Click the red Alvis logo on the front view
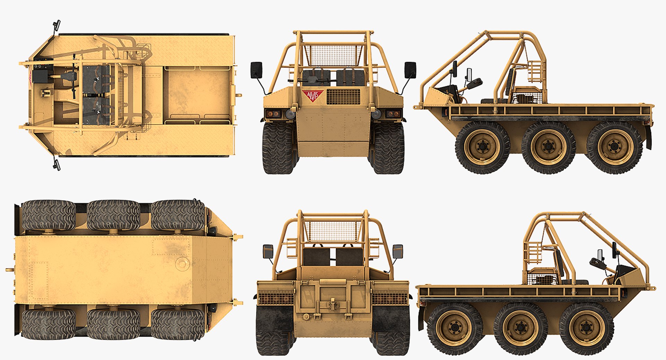coord(312,95)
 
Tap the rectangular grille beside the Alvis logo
coord(343,96)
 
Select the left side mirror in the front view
coord(256,70)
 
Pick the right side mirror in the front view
coord(410,70)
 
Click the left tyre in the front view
coord(279,147)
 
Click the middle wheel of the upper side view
coord(548,147)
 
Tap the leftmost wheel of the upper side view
coord(483,147)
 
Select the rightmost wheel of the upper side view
coord(614,147)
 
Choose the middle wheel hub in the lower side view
coord(520,328)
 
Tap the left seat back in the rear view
coord(316,257)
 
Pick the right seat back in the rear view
coord(349,257)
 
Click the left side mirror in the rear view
coord(268,251)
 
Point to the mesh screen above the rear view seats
coord(333,231)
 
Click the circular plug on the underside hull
coord(182,264)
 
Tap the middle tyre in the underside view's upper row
coord(113,215)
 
